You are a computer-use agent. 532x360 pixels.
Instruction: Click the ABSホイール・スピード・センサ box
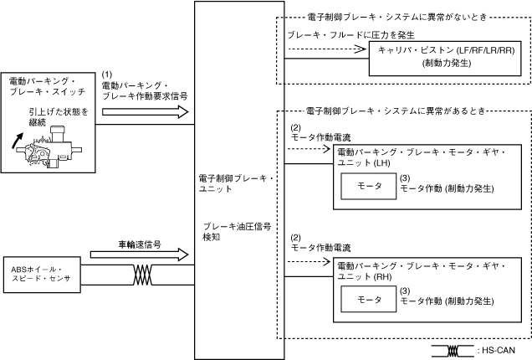point(42,275)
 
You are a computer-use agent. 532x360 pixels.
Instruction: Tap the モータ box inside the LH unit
point(368,186)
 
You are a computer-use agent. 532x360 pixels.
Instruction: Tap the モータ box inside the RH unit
point(368,299)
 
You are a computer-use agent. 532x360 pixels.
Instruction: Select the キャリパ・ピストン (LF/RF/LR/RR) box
point(445,59)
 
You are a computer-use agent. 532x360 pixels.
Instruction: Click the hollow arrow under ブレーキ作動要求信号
point(146,111)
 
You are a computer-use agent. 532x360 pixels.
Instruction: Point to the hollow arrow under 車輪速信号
point(139,255)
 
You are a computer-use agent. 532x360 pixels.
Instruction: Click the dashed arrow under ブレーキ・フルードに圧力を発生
point(327,49)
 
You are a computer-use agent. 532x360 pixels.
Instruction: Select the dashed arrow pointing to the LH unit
point(309,148)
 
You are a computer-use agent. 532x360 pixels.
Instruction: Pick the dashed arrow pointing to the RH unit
point(309,261)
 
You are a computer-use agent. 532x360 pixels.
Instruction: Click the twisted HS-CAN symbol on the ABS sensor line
point(142,275)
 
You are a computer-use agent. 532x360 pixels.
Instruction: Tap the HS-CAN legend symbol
point(453,351)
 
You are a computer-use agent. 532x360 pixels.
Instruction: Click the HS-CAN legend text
point(496,350)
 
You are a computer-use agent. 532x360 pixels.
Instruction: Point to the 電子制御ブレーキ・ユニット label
point(236,183)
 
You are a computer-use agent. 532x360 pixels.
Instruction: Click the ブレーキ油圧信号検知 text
point(237,232)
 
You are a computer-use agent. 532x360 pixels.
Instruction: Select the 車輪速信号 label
point(140,244)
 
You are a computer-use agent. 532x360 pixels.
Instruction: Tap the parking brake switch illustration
point(49,147)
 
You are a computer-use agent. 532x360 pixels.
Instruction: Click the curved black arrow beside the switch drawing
point(18,141)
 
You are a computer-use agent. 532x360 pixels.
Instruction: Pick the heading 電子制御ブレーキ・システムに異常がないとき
point(397,17)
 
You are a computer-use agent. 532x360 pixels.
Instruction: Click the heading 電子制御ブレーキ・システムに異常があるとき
point(396,111)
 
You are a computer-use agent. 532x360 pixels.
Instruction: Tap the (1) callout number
point(107,75)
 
